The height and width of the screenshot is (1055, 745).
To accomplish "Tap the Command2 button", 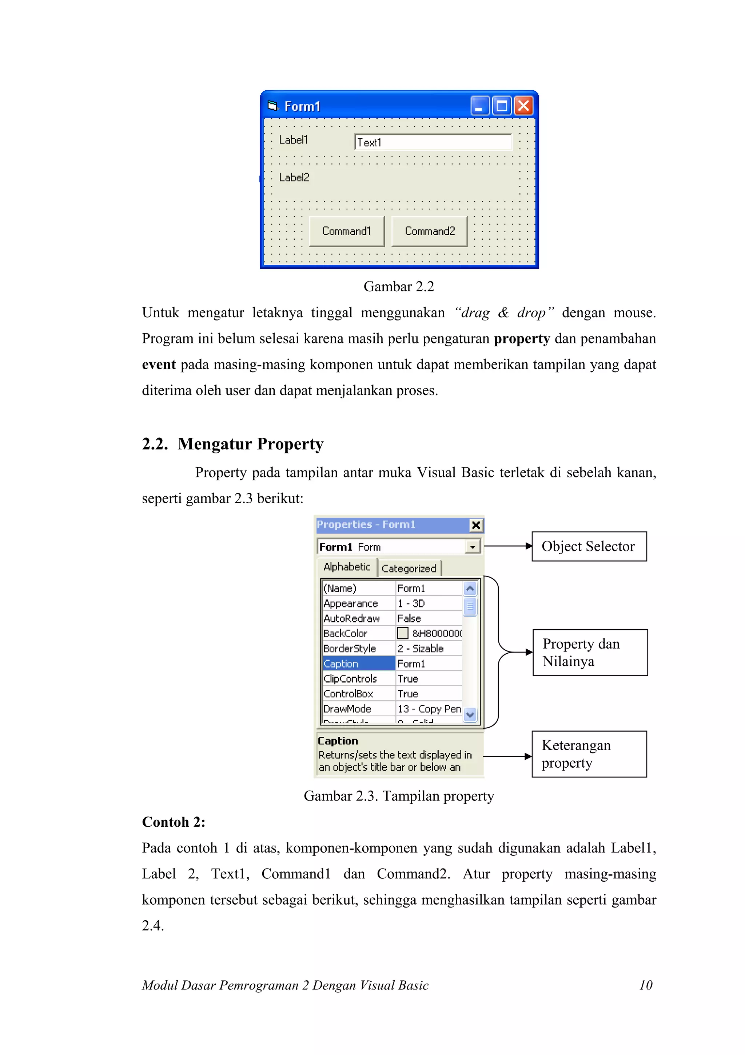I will (429, 231).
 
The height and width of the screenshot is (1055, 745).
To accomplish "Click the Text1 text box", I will (433, 142).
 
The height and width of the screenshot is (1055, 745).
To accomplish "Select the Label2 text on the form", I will (294, 177).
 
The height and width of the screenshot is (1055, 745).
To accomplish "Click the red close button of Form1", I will (523, 106).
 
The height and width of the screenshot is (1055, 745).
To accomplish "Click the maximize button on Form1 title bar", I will (502, 106).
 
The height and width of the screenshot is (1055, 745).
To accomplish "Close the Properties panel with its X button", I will (476, 525).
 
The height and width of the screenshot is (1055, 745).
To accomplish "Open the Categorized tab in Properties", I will (409, 568).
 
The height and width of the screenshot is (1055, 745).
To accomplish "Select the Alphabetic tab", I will (347, 567).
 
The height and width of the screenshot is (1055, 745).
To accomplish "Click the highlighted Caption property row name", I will (358, 664).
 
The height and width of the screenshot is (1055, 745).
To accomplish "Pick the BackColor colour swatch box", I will (403, 633).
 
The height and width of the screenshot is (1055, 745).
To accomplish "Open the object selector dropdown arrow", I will (472, 547).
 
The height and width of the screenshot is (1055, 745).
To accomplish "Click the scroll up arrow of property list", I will (470, 588).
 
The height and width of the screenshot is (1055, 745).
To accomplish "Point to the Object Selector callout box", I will (589, 546).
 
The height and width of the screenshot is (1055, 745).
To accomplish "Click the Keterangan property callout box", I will (589, 754).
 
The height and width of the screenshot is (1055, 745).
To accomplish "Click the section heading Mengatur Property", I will (250, 444).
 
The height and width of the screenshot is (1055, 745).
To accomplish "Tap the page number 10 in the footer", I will (645, 985).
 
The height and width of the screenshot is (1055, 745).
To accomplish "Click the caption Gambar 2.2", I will (398, 287).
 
